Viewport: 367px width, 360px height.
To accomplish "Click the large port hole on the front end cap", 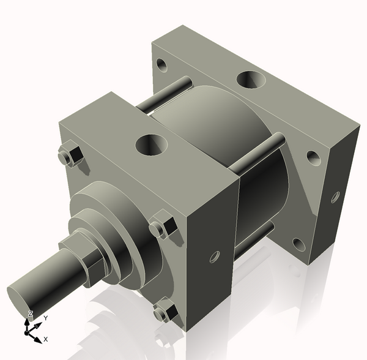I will pos(151,144).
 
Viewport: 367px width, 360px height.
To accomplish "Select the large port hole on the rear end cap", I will pos(250,80).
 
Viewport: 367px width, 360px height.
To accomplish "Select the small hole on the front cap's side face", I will pos(214,257).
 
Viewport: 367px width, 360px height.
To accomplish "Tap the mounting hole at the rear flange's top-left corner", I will pos(161,64).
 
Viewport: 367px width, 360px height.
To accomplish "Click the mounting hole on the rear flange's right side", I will pos(314,158).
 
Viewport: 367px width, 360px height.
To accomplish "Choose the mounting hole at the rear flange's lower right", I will pos(298,244).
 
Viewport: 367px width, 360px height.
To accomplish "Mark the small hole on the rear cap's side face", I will pos(335,197).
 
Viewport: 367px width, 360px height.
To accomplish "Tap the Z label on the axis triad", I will pos(29,313).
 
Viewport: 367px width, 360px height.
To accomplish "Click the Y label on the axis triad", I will pos(46,318).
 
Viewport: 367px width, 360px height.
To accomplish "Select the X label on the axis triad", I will pos(46,339).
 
